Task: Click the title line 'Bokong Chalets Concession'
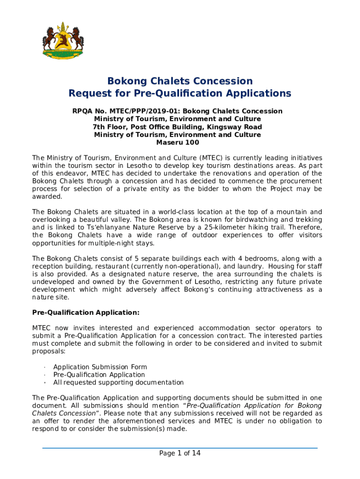[x=180, y=81]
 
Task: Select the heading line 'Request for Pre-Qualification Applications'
[x=180, y=93]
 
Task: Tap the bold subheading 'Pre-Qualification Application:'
[x=86, y=312]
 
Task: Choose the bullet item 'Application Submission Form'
[x=100, y=367]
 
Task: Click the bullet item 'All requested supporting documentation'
[x=118, y=383]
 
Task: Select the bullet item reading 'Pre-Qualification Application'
[x=99, y=375]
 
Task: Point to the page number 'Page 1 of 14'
[x=180, y=453]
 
